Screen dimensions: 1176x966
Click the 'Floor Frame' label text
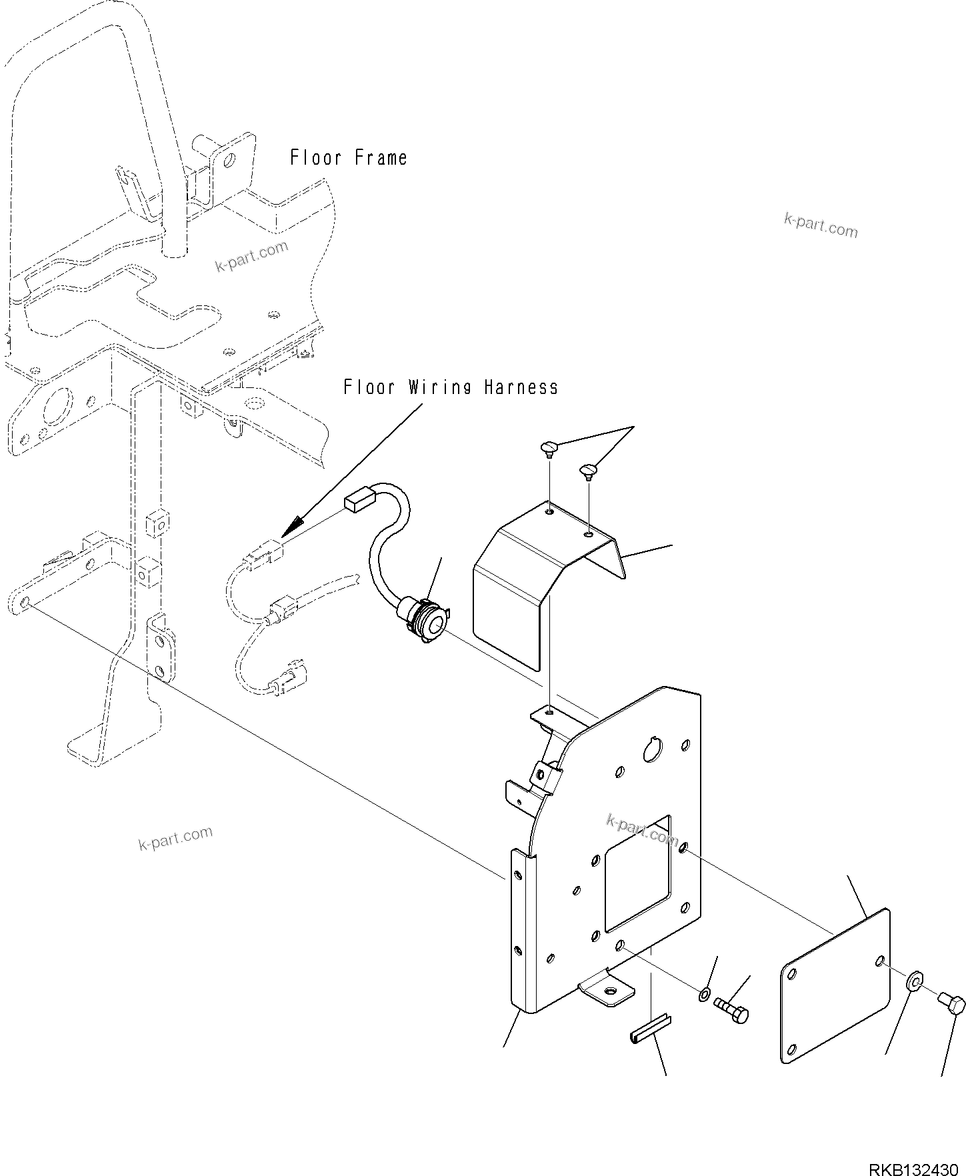pos(348,158)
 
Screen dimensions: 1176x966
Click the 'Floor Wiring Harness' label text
pos(451,387)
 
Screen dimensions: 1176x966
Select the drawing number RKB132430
pos(912,1169)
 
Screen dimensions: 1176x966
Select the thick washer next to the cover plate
pos(915,982)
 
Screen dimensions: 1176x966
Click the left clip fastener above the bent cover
pos(549,448)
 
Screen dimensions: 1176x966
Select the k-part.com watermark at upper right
pos(820,225)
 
